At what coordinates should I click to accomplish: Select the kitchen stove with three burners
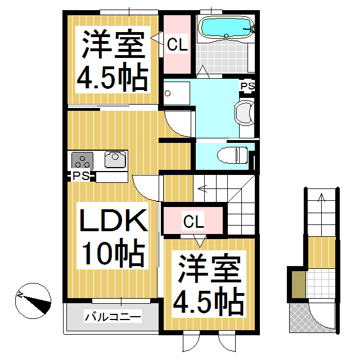[82, 160]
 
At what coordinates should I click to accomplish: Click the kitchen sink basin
[116, 160]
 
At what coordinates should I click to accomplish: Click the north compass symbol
[33, 300]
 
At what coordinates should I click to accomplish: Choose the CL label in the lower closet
[193, 222]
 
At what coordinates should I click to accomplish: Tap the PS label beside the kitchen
[81, 177]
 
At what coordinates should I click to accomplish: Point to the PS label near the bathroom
[247, 86]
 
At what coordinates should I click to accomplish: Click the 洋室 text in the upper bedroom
[112, 45]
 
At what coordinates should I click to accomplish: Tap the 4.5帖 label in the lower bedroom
[208, 301]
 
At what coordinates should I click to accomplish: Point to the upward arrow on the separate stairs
[322, 198]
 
